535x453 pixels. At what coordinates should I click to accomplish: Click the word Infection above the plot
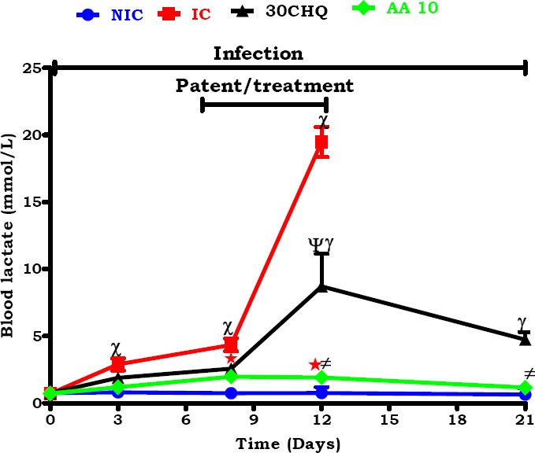click(x=258, y=53)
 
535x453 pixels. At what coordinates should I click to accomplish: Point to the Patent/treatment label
click(x=264, y=85)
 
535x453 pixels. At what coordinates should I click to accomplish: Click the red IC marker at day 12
click(x=321, y=142)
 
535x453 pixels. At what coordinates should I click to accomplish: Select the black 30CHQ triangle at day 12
click(x=321, y=287)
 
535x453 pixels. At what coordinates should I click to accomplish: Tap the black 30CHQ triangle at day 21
click(x=525, y=338)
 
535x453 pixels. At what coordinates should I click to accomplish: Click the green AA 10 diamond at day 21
click(x=525, y=388)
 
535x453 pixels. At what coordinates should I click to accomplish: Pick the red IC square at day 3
click(x=117, y=365)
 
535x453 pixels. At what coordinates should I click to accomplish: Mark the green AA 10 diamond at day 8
click(x=230, y=377)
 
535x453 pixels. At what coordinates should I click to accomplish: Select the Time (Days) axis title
click(x=288, y=444)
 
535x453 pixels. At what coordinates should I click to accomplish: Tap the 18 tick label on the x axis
click(x=456, y=421)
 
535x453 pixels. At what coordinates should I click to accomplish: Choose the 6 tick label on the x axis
click(x=185, y=421)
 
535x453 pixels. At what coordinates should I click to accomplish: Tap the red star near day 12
click(x=314, y=364)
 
